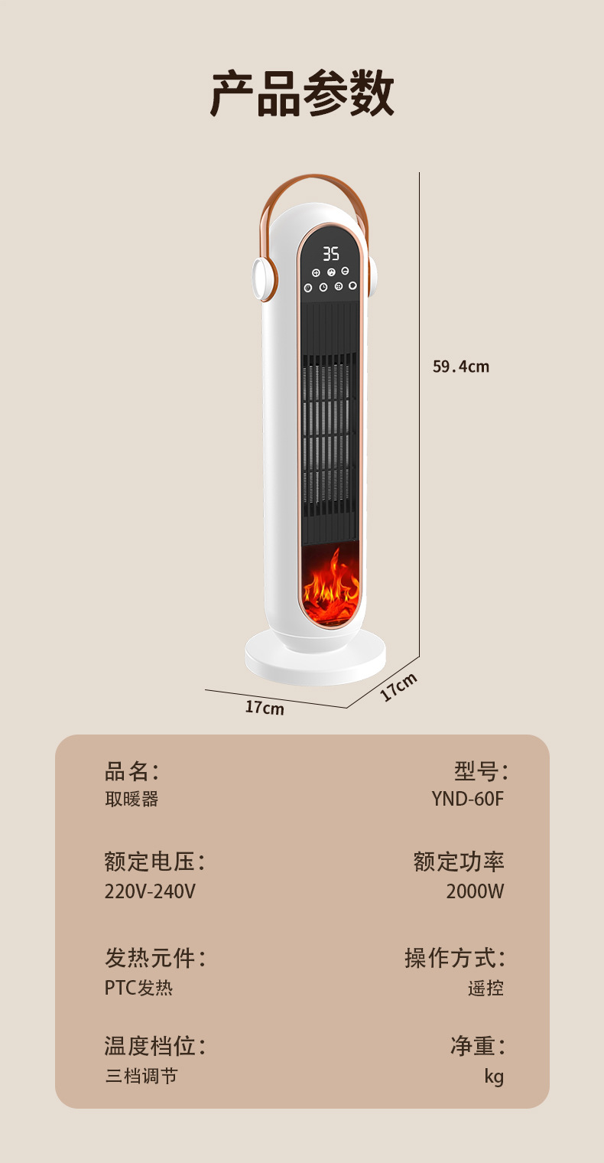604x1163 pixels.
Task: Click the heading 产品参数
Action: (x=302, y=93)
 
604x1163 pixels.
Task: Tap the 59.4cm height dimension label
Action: (x=460, y=366)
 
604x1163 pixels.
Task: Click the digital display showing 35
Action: (x=330, y=253)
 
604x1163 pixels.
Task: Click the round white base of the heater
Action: (x=315, y=663)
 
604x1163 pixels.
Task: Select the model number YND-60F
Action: (x=467, y=799)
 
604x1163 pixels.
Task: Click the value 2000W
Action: (x=475, y=891)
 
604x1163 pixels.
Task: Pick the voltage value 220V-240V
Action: (x=150, y=891)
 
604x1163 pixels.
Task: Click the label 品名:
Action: (x=132, y=770)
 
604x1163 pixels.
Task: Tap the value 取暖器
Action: (x=132, y=799)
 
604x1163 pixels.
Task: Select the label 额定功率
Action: (x=459, y=862)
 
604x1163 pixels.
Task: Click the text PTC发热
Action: (x=138, y=988)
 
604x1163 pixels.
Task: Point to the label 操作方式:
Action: (x=455, y=958)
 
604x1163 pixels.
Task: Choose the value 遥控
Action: (x=485, y=988)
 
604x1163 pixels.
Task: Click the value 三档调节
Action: (x=141, y=1076)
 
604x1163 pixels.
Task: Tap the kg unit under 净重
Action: (x=494, y=1077)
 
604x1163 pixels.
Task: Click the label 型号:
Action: (x=481, y=770)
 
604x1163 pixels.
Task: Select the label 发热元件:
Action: (x=155, y=958)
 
